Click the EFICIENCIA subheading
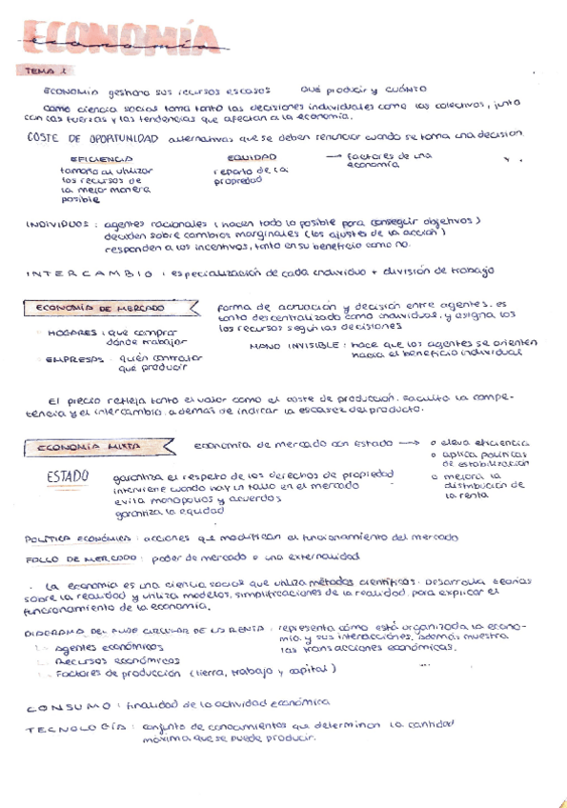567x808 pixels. (x=101, y=158)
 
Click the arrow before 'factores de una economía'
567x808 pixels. (x=334, y=154)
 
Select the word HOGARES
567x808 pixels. (x=72, y=333)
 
